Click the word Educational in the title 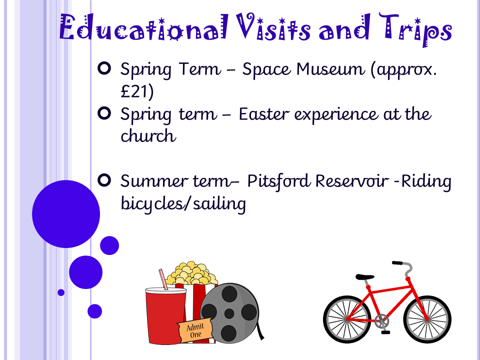[x=143, y=27]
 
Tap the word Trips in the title [x=415, y=29]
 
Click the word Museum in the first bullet [x=330, y=69]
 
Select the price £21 [x=137, y=91]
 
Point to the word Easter [x=264, y=114]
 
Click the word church [x=148, y=135]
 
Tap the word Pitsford [x=279, y=181]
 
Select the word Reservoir [x=352, y=181]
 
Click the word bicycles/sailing [x=183, y=203]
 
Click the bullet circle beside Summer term [x=104, y=180]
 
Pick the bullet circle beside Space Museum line [x=104, y=68]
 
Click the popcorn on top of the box [x=191, y=273]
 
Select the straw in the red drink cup [x=163, y=279]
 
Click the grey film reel [x=229, y=313]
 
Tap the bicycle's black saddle [x=364, y=276]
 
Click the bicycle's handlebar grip [x=397, y=263]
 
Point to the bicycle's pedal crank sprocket [x=381, y=321]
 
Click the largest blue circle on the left [x=66, y=214]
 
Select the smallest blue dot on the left [x=61, y=292]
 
